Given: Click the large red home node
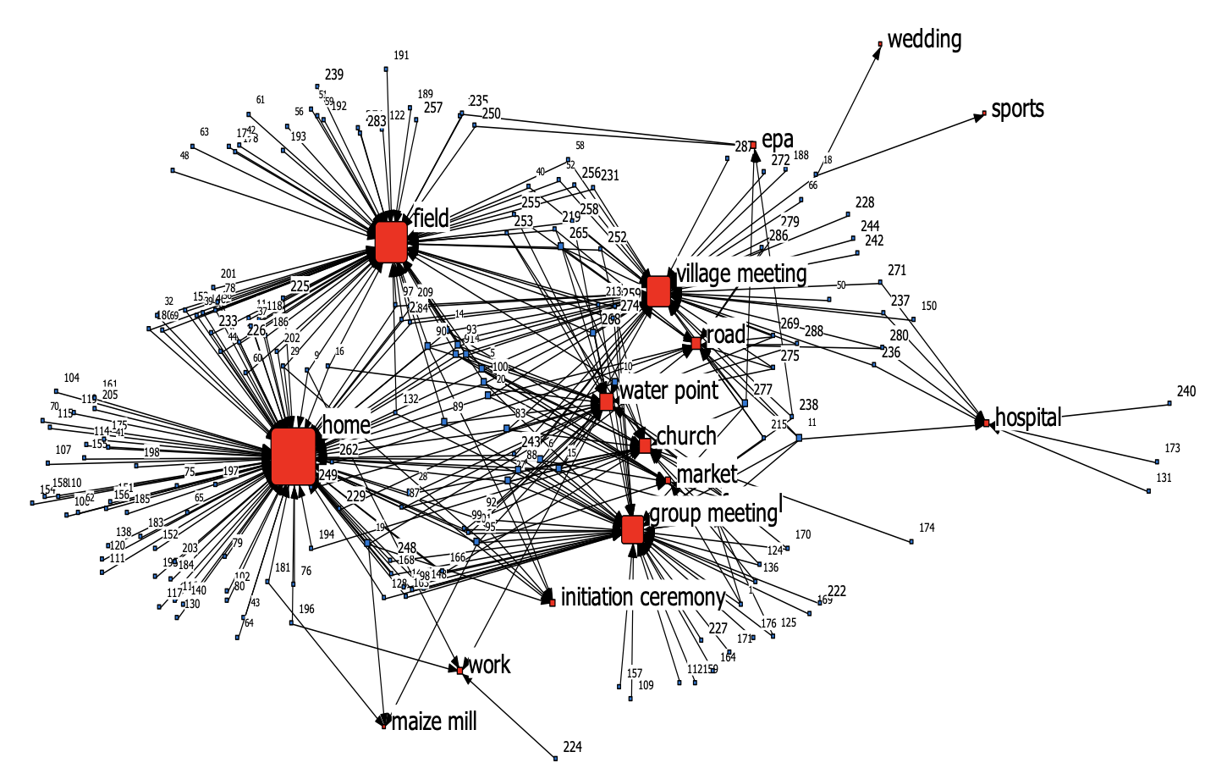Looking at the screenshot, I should pyautogui.click(x=294, y=456).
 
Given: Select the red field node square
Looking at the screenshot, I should pyautogui.click(x=391, y=241).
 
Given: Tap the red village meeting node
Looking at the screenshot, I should pyautogui.click(x=658, y=291).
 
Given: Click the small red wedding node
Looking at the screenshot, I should pyautogui.click(x=880, y=44).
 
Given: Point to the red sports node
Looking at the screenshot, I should pyautogui.click(x=984, y=113).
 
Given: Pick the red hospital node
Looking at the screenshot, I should pyautogui.click(x=987, y=422).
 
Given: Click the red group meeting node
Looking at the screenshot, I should pyautogui.click(x=632, y=529).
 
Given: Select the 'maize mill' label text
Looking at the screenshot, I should pyautogui.click(x=435, y=721).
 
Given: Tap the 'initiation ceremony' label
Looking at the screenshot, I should pyautogui.click(x=643, y=598).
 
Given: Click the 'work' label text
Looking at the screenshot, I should pyautogui.click(x=490, y=665).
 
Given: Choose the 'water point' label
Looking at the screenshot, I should pyautogui.click(x=669, y=390).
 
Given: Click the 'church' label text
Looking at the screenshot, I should pyautogui.click(x=686, y=436).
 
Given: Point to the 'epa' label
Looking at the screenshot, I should pyautogui.click(x=778, y=140).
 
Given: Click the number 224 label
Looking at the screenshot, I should pyautogui.click(x=572, y=747).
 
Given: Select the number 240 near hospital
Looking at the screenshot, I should pyautogui.click(x=1186, y=391).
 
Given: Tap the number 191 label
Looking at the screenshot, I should pyautogui.click(x=401, y=55).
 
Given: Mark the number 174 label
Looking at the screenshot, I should pyautogui.click(x=927, y=528).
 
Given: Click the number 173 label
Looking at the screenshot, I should pyautogui.click(x=1172, y=448).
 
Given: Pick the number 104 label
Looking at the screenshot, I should pyautogui.click(x=72, y=379).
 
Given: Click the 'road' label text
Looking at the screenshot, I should pyautogui.click(x=725, y=335).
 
